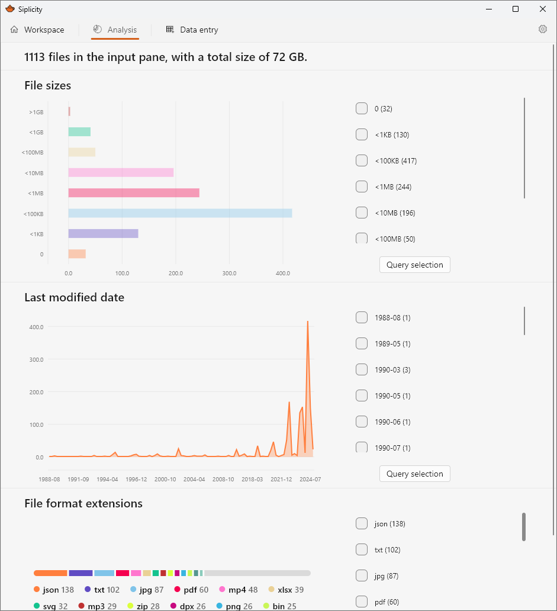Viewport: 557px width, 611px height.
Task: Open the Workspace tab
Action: [x=37, y=30]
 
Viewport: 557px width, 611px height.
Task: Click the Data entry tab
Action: [x=192, y=30]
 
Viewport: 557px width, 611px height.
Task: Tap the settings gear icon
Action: [x=542, y=30]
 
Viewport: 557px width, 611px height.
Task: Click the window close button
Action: [x=542, y=9]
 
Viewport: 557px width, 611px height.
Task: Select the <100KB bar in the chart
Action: [x=180, y=213]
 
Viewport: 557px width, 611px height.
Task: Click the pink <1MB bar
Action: [x=134, y=193]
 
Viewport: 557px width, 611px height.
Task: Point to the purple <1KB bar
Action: [x=103, y=234]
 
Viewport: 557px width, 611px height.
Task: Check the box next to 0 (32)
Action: [x=362, y=108]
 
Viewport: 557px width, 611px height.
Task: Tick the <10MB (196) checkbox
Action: [x=362, y=213]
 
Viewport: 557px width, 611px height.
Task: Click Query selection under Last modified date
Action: [x=414, y=474]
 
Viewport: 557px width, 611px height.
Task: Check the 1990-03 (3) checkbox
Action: [x=362, y=369]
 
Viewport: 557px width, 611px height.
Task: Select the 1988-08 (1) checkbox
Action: [x=362, y=317]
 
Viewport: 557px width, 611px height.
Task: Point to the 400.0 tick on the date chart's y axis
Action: [x=36, y=327]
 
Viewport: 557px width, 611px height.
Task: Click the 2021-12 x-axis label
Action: [x=281, y=480]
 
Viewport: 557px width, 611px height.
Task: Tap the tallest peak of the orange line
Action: [x=307, y=322]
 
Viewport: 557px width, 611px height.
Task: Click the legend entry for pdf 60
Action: [x=191, y=590]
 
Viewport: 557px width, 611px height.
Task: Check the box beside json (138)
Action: [x=362, y=523]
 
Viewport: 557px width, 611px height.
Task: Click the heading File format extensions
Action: [x=83, y=504]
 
